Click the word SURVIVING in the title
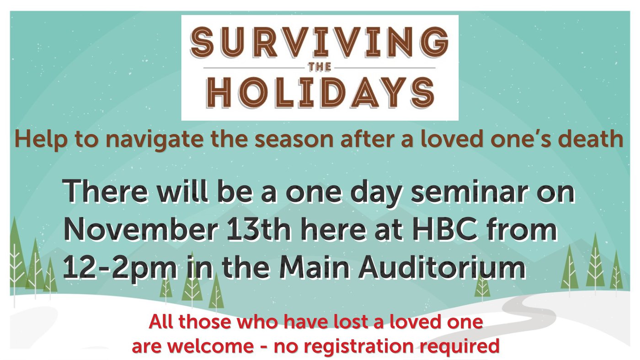click(319, 42)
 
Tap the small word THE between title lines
click(320, 67)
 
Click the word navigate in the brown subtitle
click(155, 139)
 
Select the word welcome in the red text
click(210, 346)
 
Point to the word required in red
click(459, 347)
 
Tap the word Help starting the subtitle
click(41, 139)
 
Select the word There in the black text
click(105, 190)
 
